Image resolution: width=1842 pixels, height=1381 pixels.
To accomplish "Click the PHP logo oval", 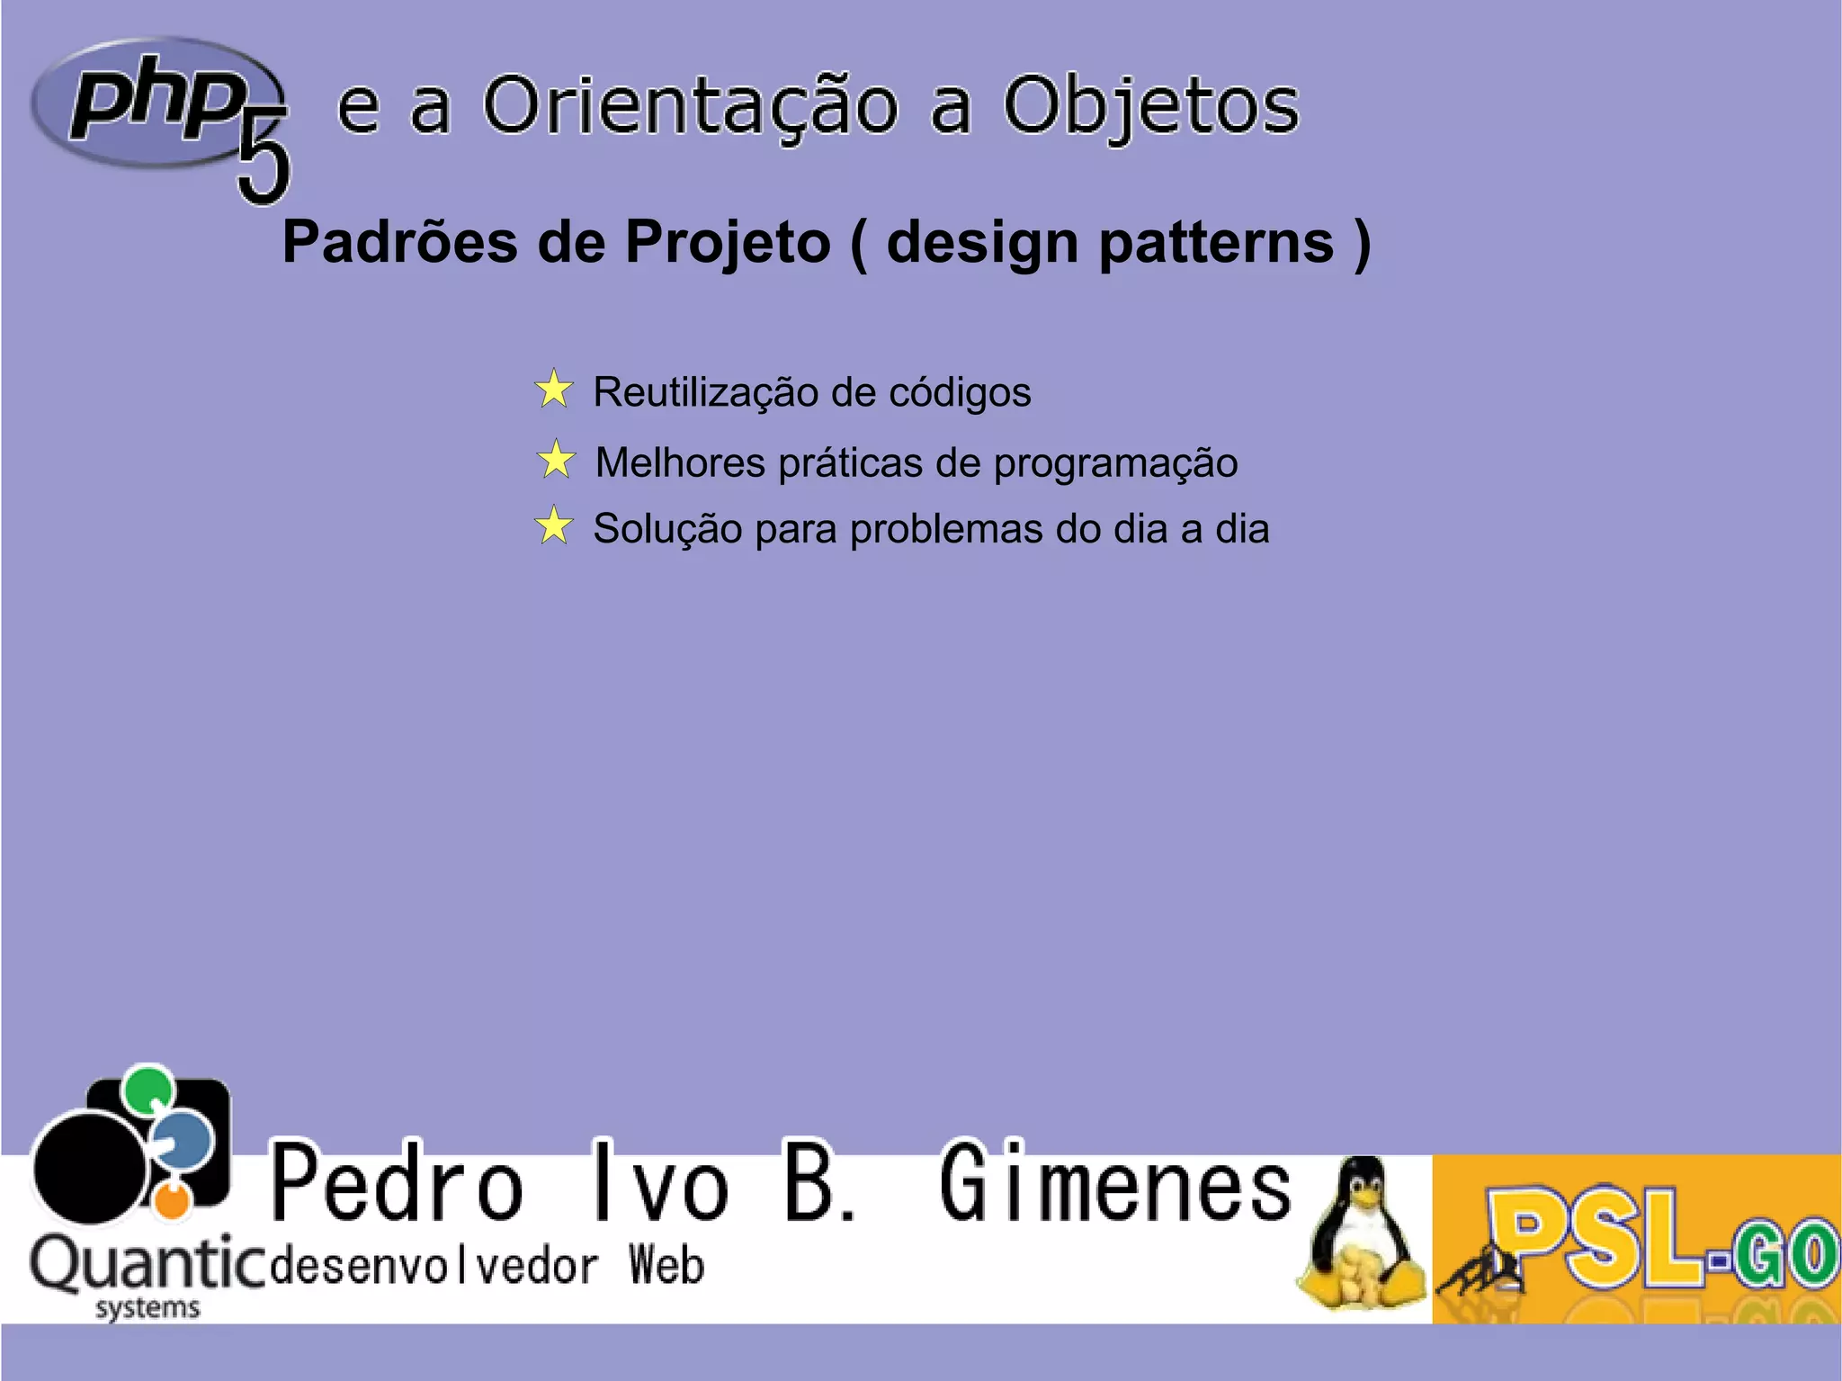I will click(x=153, y=102).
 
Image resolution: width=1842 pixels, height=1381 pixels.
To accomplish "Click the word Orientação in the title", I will click(x=690, y=106).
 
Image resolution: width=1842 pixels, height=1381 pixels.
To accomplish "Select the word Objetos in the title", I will click(x=1150, y=106).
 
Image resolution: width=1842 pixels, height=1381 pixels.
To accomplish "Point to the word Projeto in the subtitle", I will click(x=728, y=243).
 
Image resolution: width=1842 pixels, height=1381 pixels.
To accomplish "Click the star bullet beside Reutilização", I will click(x=554, y=390).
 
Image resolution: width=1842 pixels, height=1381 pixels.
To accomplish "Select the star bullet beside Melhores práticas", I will click(x=557, y=460).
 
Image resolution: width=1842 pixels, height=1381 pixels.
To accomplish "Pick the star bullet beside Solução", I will click(x=554, y=526).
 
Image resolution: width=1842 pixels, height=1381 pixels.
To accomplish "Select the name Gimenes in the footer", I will click(x=1115, y=1184).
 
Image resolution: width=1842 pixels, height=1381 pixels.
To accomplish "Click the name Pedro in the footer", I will click(x=397, y=1184).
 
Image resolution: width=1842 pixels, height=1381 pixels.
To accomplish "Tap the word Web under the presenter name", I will click(x=666, y=1266).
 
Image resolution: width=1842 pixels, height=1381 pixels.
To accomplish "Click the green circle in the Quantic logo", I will click(x=148, y=1088).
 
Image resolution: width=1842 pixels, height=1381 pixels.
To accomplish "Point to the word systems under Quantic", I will click(x=148, y=1307).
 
